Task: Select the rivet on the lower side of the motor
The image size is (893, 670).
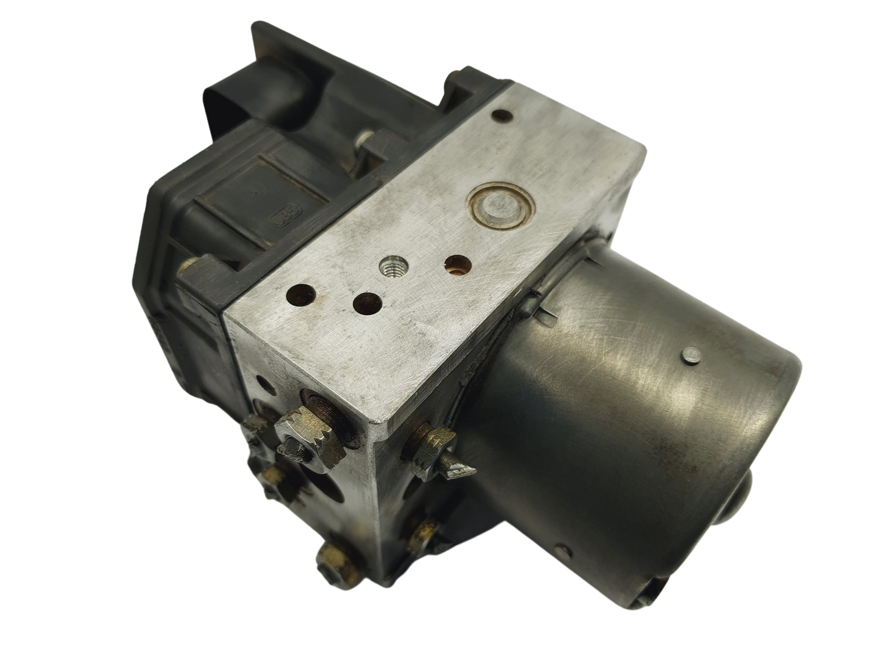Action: [561, 548]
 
